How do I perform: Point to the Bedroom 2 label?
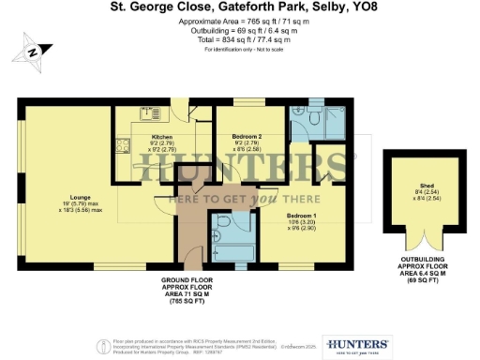(246, 137)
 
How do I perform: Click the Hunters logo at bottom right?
(355, 345)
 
